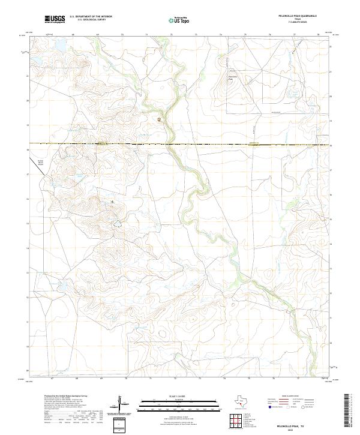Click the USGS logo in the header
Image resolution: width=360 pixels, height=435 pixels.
pyautogui.click(x=55, y=19)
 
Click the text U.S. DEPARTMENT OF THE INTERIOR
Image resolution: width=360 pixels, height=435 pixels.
pyautogui.click(x=91, y=17)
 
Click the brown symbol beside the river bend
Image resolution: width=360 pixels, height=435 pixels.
pyautogui.click(x=159, y=119)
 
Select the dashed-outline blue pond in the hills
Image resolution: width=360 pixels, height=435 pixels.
pyautogui.click(x=118, y=225)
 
